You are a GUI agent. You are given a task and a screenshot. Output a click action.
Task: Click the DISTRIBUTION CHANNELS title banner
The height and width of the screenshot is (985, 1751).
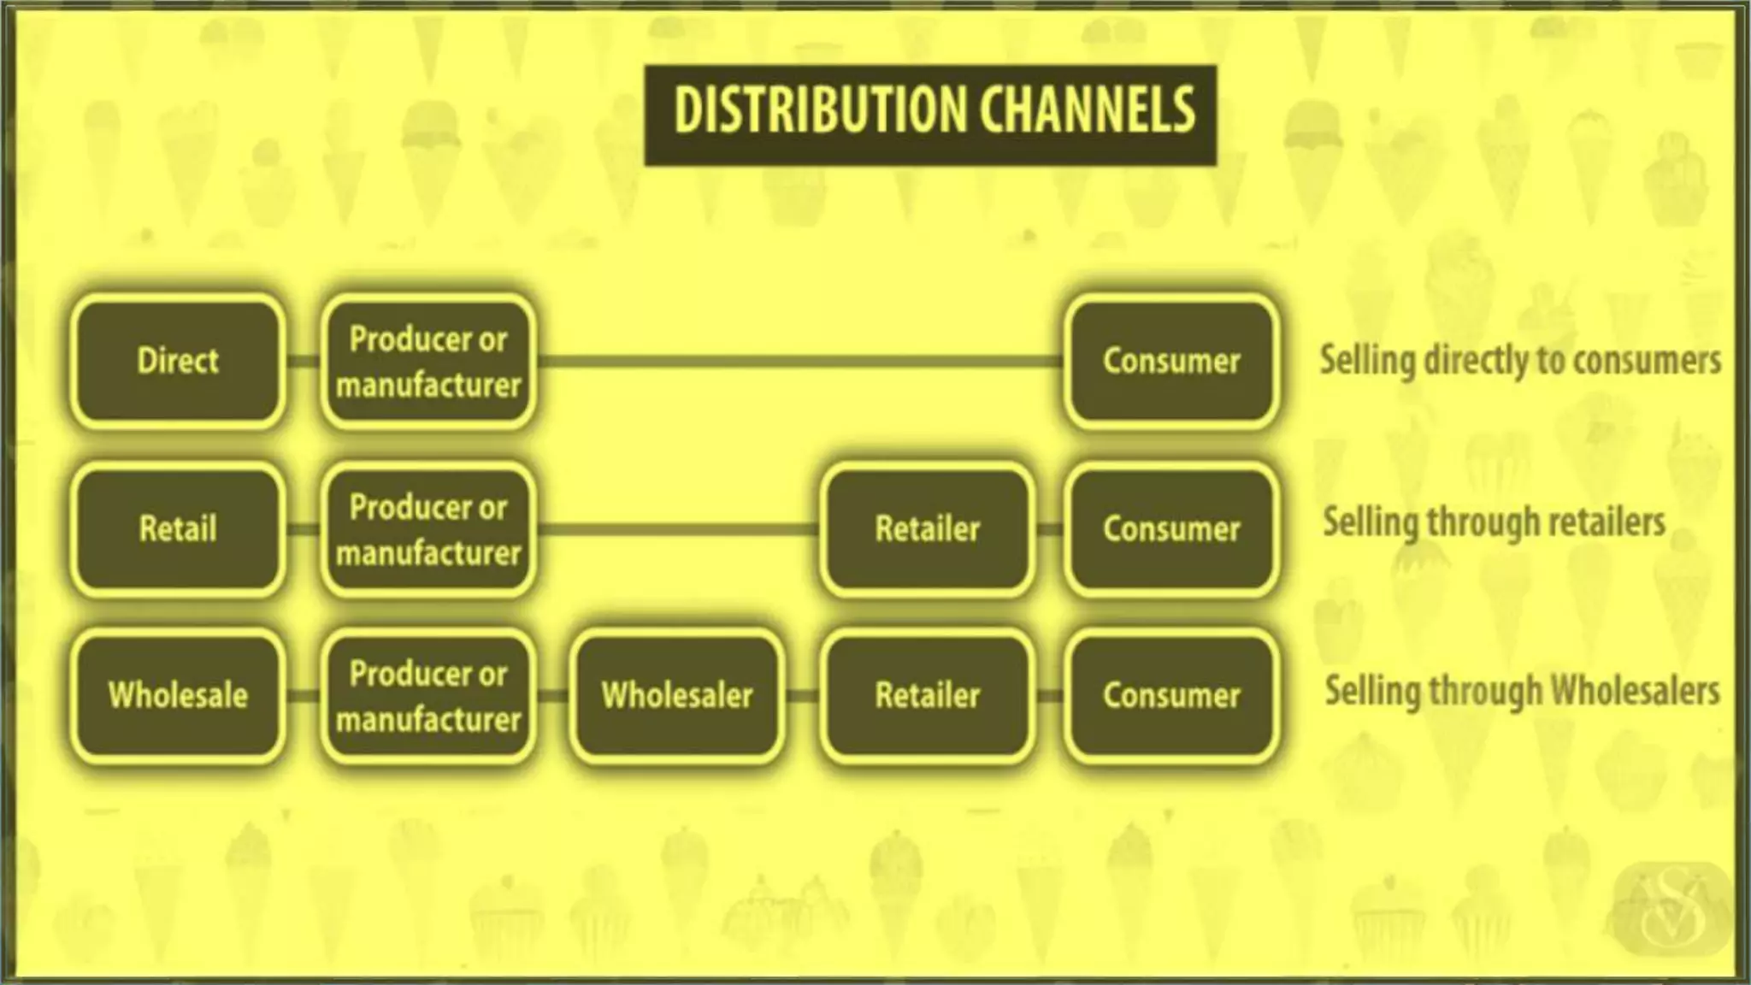coord(930,115)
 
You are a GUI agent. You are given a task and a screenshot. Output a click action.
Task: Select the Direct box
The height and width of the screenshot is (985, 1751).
coord(178,361)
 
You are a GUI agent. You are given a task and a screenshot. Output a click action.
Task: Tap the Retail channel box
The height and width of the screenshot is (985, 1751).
coord(178,528)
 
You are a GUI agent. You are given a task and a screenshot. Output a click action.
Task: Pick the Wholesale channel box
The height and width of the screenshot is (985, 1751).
coord(178,695)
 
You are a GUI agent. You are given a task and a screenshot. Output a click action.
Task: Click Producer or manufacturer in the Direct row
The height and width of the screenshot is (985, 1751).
coord(428,361)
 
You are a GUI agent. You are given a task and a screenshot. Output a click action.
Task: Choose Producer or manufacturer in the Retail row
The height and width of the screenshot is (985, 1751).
coord(428,528)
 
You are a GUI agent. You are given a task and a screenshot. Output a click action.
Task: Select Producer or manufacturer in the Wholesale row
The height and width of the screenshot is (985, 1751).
coord(428,695)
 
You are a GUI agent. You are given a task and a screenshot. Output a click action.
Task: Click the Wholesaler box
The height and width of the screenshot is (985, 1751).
coord(677,695)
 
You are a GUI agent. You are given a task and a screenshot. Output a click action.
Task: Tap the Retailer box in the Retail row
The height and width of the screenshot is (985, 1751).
coord(927,528)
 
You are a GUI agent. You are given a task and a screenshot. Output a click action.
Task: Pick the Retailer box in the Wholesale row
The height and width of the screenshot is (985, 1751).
coord(927,695)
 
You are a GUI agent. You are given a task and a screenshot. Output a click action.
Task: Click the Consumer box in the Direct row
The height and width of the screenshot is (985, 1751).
coord(1171,361)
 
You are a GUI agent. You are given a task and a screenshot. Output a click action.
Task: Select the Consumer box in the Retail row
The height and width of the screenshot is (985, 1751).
coord(1171,528)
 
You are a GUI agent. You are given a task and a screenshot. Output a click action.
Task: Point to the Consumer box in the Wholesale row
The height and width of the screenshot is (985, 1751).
coord(1171,695)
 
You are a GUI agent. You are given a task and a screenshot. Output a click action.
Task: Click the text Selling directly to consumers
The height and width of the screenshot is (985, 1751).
coord(1520,360)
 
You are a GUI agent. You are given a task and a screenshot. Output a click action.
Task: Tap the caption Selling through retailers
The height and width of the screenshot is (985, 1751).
coord(1495,522)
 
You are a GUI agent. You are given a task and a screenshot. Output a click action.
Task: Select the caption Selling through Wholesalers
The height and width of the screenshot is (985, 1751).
coord(1522,691)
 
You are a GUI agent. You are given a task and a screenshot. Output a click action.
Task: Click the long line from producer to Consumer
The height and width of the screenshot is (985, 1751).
coord(799,362)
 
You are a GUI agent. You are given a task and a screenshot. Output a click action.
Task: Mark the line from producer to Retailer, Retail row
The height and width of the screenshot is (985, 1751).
coord(677,529)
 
